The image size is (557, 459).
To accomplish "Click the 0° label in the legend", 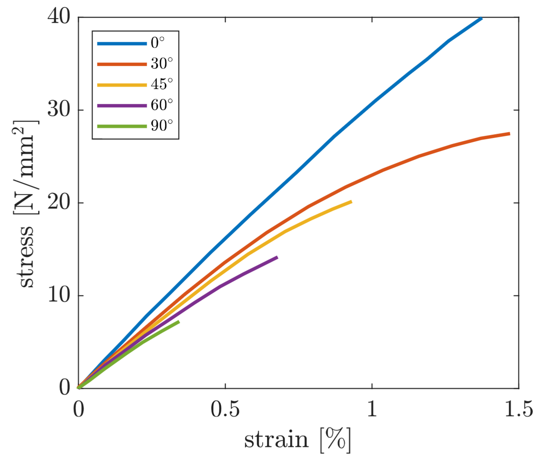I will coord(158,44).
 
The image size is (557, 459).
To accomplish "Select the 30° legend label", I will coord(162,65).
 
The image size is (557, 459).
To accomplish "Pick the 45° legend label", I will coord(162,85).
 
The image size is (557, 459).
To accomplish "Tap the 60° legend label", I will coord(162,106).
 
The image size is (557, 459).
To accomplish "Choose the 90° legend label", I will coord(162,126).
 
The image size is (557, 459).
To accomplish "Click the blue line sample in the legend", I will coord(122,44).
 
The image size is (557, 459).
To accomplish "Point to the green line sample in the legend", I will coord(122,126).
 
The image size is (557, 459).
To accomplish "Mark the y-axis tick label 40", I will coord(59,17).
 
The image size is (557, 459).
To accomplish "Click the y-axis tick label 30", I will coord(59,110).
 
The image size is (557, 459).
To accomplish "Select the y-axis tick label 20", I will coord(59,203).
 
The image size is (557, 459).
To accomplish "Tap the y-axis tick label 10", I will coord(59,296).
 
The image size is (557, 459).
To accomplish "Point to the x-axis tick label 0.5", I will coord(225,410).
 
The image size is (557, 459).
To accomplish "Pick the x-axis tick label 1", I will coord(371,410).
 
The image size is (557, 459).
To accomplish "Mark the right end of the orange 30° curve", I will coord(509,134).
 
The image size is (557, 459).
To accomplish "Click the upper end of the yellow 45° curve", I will coord(351,202).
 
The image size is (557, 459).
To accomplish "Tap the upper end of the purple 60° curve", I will coord(277,257).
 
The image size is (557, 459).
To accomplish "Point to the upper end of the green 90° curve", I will coord(179,322).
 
